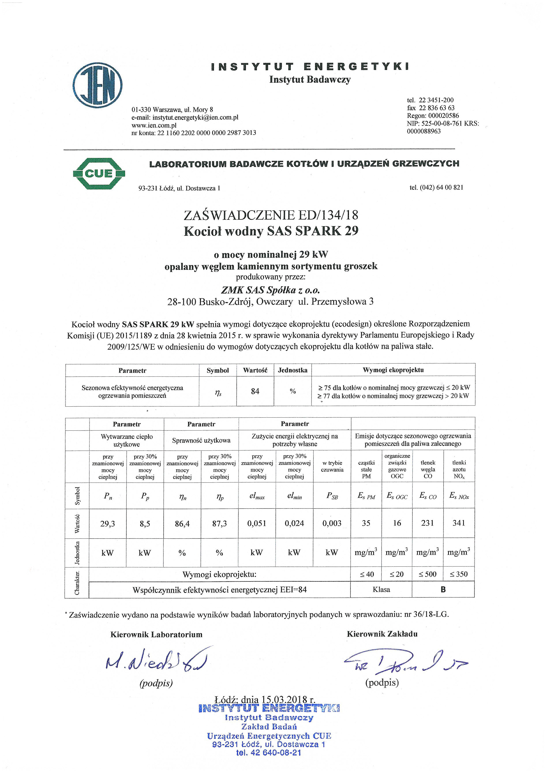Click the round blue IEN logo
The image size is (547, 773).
[98, 86]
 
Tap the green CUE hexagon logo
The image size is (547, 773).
[99, 174]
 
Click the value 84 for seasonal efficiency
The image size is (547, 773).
[255, 391]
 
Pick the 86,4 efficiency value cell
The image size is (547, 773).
[182, 523]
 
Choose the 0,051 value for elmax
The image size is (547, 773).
[257, 523]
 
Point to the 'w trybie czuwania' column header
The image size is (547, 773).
[332, 466]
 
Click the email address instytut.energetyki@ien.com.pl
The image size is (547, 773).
[195, 117]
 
